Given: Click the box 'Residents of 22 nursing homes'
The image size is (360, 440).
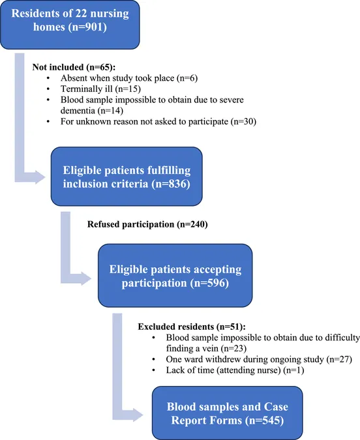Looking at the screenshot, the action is point(70,25).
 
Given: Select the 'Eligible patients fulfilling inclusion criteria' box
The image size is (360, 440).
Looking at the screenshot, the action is point(127,177).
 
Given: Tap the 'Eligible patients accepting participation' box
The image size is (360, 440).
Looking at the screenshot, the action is point(175,275).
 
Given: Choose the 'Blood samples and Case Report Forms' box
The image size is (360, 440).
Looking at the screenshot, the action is point(228,413).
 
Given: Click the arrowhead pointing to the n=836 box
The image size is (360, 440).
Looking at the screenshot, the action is point(40,177).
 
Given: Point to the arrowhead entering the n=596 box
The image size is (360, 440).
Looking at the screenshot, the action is point(86,278).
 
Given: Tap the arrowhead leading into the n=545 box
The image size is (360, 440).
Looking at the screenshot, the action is point(138,415).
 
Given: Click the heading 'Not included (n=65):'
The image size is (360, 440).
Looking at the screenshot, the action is point(74,67).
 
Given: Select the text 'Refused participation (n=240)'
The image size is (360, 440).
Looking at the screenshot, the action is point(147,224).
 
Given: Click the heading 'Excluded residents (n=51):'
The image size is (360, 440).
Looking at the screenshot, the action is point(192,327).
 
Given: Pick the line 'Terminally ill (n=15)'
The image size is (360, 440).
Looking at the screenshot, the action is point(100,89).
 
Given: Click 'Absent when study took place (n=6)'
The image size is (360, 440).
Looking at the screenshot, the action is point(129,78).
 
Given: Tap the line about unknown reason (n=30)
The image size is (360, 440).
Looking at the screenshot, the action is point(158,121).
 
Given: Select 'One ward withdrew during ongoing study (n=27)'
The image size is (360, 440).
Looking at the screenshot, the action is point(259,359).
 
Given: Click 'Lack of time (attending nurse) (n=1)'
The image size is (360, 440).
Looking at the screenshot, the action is point(235,370).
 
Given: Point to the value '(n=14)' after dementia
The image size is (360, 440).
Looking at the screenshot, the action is point(110,111).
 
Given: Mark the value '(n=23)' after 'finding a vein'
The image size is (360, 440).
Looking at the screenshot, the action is point(233,349).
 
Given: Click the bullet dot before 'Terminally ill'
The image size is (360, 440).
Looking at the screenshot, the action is point(48,89).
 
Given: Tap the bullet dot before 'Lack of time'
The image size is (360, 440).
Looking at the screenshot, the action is point(153,371).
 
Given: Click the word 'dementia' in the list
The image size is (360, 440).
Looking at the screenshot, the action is point(78,111).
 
